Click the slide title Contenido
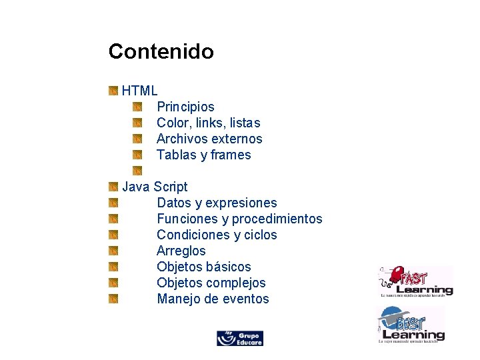(x=161, y=51)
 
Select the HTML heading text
(x=139, y=91)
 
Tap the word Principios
(x=185, y=107)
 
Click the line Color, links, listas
(x=208, y=123)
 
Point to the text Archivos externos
(x=209, y=139)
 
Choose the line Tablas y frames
(x=203, y=155)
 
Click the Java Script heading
(x=155, y=187)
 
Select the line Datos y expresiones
(x=217, y=203)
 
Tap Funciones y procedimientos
(x=239, y=219)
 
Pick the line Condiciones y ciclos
(x=217, y=235)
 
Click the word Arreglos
(x=181, y=251)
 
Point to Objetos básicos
(x=204, y=267)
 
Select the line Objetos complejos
(x=211, y=283)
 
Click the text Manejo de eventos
(x=213, y=299)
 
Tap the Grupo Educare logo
(x=240, y=338)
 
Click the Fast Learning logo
(x=415, y=281)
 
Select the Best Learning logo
(x=411, y=325)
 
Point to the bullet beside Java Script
(x=113, y=187)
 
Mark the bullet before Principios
(x=137, y=107)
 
